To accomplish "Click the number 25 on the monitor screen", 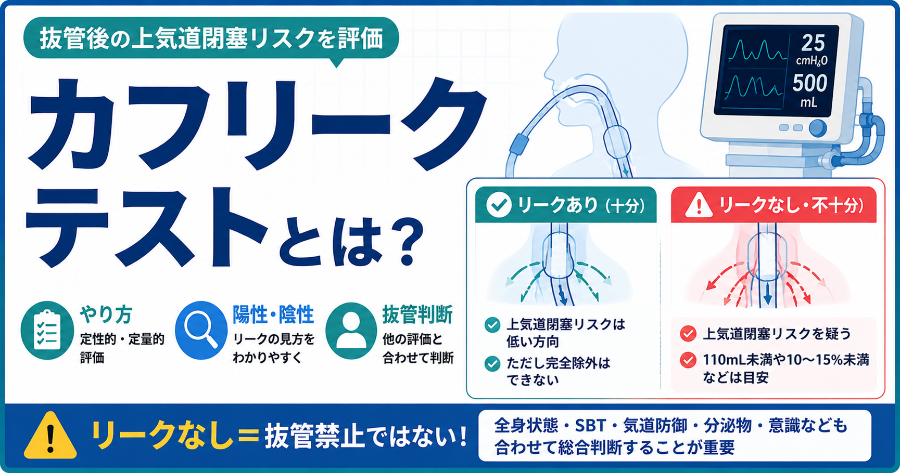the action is (813, 43).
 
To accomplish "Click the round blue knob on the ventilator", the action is (818, 127).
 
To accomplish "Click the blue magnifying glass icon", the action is (201, 330).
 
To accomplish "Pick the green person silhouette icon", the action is (351, 331).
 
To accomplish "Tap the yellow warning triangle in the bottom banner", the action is (50, 436).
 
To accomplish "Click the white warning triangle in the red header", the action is (699, 205).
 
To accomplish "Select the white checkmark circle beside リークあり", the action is (498, 205).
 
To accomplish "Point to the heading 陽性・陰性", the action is (273, 314).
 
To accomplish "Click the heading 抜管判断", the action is (417, 314).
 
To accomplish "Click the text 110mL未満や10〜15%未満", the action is (785, 360).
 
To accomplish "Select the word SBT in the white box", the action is (590, 426).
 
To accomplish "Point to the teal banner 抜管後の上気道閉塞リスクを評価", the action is (211, 38).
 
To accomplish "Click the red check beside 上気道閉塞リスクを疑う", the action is (688, 333).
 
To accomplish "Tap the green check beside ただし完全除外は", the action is (492, 363).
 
